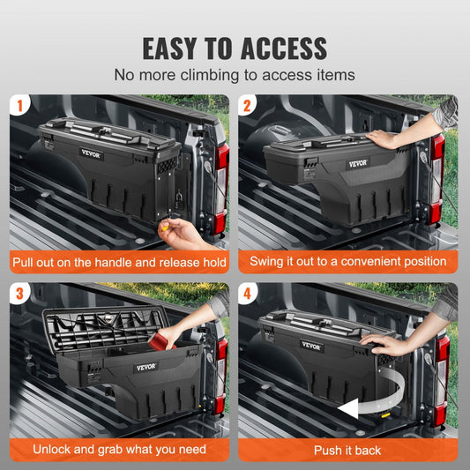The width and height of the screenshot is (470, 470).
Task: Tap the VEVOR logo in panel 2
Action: (358, 163)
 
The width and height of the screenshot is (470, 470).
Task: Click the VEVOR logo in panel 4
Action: (312, 347)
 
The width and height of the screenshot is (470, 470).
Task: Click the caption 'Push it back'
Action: (348, 449)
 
